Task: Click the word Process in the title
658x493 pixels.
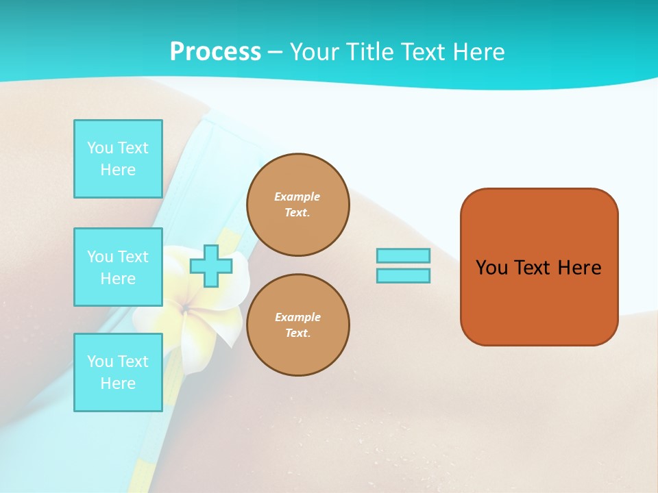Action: (x=215, y=51)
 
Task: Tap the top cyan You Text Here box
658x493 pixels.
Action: (x=118, y=159)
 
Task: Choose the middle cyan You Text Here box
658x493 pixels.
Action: (x=118, y=267)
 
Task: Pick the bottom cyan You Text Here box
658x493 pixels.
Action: (x=118, y=372)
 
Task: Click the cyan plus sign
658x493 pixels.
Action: (x=210, y=266)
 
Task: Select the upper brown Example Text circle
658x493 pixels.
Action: (x=298, y=205)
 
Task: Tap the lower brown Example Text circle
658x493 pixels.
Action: (x=298, y=325)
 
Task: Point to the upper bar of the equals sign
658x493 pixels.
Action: (x=403, y=255)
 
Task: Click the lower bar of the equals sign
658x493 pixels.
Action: (x=403, y=276)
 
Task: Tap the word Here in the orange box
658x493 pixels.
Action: (x=579, y=268)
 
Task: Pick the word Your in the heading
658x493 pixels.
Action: (x=315, y=51)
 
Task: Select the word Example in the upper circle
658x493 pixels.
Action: (x=297, y=197)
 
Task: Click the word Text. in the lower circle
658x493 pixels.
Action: (x=298, y=333)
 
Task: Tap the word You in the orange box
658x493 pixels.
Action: (x=491, y=268)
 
